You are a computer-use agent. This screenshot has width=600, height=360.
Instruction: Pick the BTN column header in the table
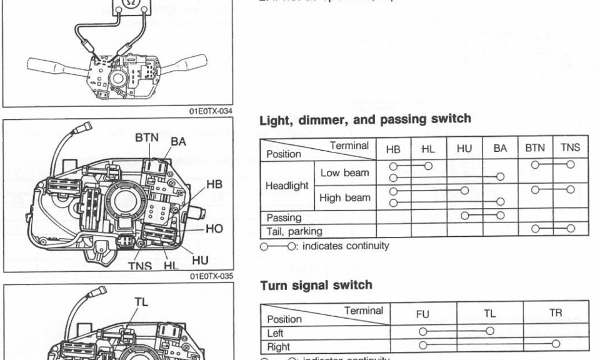pos(535,148)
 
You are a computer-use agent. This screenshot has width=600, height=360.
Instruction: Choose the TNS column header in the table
pos(570,148)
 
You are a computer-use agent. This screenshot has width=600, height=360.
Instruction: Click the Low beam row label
pos(344,172)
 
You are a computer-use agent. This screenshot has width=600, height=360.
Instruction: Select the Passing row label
pos(284,218)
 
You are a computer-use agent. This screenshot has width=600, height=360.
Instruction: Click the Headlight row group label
pos(287,185)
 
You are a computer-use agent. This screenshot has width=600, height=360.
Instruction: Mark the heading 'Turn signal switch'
pos(316,285)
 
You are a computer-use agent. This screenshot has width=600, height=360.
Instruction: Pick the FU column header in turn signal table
pos(423,314)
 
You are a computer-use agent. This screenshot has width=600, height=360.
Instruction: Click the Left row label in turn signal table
pos(276,333)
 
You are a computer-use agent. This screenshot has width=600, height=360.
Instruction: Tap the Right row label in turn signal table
pos(278,346)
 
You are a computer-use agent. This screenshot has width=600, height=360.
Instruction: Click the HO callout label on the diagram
pos(214,229)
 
